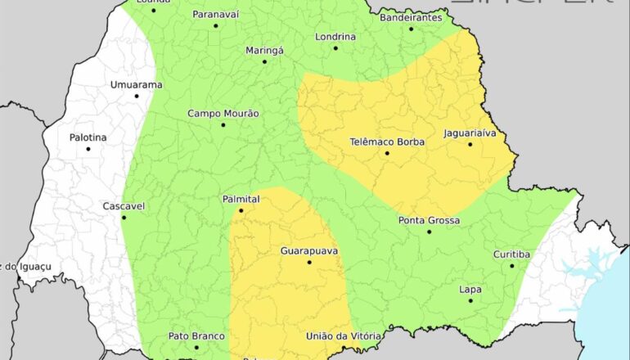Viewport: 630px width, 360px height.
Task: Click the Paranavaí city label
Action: tap(216, 14)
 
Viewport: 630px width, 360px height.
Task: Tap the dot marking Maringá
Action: tap(264, 61)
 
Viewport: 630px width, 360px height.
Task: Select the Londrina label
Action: tap(335, 37)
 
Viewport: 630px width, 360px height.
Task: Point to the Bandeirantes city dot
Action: tap(411, 29)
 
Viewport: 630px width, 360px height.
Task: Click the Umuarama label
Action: tap(137, 84)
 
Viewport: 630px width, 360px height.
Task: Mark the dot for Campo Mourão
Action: tap(223, 125)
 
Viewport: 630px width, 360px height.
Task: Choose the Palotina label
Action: tap(88, 137)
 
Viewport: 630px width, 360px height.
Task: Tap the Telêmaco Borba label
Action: tap(387, 142)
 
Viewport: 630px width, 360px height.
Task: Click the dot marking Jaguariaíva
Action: tap(470, 145)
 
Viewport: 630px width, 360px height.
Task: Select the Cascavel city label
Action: tap(124, 206)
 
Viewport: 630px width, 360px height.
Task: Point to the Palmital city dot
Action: tap(241, 210)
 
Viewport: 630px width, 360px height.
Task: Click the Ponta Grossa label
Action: tap(429, 220)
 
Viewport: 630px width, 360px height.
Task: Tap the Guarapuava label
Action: tap(309, 250)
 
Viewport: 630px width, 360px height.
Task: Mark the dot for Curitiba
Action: tap(512, 265)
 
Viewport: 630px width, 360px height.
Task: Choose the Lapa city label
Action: tap(470, 289)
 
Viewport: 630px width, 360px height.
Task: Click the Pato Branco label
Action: tap(196, 336)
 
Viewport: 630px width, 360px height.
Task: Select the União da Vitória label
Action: tap(343, 336)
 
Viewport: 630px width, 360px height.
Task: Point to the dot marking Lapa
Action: tap(470, 300)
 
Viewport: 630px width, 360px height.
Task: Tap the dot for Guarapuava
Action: tap(309, 262)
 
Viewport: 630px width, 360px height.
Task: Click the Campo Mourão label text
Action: tap(223, 114)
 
